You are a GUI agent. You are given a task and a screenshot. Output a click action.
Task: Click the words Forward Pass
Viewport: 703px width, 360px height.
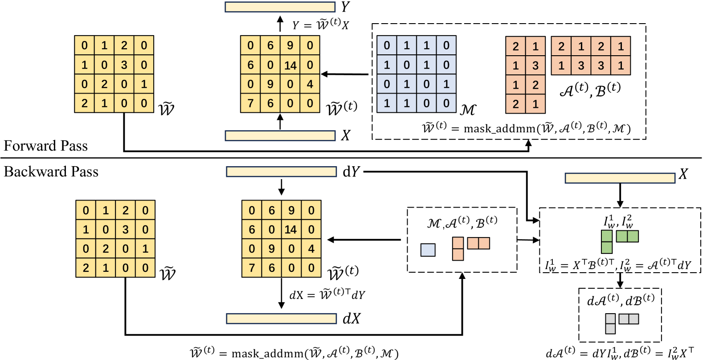(45, 146)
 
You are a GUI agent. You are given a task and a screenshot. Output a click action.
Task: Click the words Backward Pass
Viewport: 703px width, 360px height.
(51, 172)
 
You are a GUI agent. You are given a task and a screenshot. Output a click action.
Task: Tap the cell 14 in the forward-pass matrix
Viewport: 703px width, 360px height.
(290, 65)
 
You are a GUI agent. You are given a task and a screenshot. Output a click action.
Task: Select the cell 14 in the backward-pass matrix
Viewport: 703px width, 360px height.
(290, 229)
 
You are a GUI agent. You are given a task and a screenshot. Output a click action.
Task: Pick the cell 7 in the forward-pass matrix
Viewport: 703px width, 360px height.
(250, 103)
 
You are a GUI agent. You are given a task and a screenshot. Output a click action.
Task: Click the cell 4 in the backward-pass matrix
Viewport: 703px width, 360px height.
(311, 249)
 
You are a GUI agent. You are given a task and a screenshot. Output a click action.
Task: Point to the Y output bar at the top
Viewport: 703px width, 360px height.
(280, 7)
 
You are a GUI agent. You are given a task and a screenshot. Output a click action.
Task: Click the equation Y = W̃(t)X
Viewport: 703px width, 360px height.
(320, 25)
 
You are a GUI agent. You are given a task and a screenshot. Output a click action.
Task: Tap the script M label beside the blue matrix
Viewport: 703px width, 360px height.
(468, 109)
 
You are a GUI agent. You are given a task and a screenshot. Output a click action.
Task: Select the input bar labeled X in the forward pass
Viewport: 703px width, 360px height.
(280, 135)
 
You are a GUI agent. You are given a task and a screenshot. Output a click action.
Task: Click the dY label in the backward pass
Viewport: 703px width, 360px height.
(351, 172)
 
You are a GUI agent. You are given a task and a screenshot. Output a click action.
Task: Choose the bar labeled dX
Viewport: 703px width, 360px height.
(281, 319)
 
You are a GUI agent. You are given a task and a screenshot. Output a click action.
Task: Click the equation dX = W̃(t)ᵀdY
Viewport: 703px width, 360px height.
(327, 295)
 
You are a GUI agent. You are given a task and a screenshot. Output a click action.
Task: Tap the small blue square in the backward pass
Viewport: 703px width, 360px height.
(428, 250)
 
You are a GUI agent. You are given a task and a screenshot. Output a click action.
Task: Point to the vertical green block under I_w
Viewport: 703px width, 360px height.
(607, 242)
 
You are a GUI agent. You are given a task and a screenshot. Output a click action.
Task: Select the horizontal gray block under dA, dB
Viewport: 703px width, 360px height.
(629, 319)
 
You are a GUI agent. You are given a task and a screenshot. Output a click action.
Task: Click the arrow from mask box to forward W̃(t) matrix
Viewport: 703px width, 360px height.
(346, 74)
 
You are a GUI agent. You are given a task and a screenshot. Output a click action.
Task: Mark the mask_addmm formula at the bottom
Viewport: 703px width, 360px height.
(294, 353)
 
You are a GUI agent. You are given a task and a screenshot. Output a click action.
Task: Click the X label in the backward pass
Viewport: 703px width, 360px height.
(683, 174)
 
